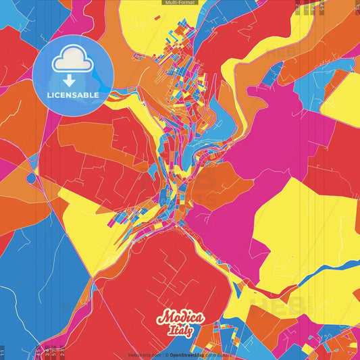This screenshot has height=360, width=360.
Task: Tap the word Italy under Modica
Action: (180, 330)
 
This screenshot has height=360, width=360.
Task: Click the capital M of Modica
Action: (164, 317)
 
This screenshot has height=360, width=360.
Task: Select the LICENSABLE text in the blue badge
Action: (73, 95)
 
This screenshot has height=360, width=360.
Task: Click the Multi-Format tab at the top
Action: (180, 3)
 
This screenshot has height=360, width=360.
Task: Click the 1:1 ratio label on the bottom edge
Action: (3, 352)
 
